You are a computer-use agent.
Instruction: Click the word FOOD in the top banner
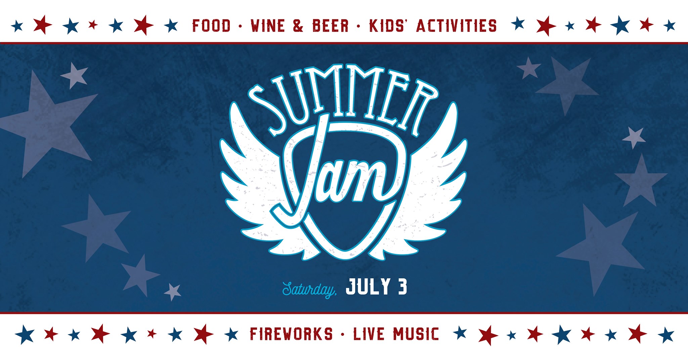click(x=211, y=26)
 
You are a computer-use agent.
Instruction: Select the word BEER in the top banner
click(x=331, y=26)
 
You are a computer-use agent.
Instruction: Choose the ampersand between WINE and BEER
click(x=298, y=26)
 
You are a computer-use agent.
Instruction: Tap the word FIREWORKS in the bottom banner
click(x=291, y=334)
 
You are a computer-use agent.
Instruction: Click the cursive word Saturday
click(x=309, y=289)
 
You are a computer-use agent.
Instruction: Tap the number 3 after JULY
click(x=402, y=287)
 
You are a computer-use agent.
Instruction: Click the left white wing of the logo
click(x=259, y=181)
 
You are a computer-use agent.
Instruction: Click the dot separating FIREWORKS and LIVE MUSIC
click(x=343, y=334)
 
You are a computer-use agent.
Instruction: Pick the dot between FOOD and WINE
click(x=240, y=26)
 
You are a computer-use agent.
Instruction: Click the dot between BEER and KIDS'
click(x=359, y=26)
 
